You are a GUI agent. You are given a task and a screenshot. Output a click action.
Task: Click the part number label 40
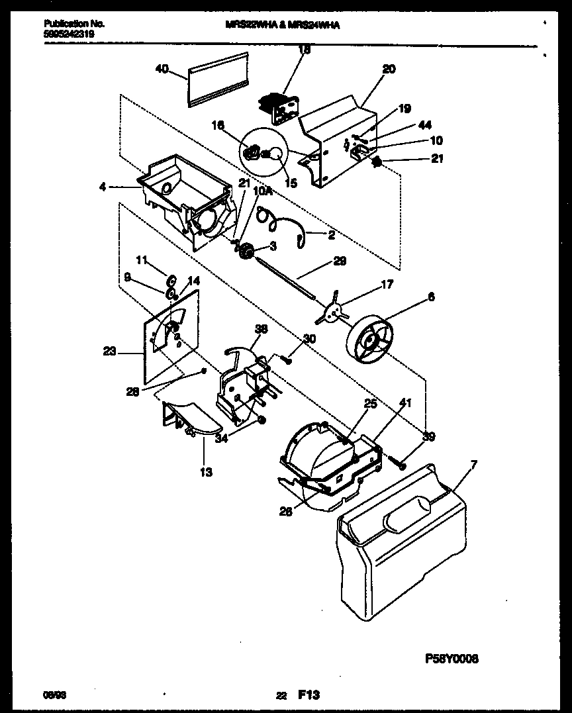click(x=161, y=68)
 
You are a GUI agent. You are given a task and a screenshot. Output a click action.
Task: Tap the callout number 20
click(x=389, y=69)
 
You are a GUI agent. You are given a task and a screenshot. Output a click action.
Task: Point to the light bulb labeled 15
click(x=274, y=154)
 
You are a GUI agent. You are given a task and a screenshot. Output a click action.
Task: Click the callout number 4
click(x=103, y=187)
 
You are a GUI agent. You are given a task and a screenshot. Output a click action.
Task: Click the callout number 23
click(x=109, y=352)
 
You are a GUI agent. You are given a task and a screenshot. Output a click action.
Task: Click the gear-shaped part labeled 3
click(x=249, y=252)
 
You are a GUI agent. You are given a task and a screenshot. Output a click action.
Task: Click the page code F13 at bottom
click(x=309, y=694)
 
